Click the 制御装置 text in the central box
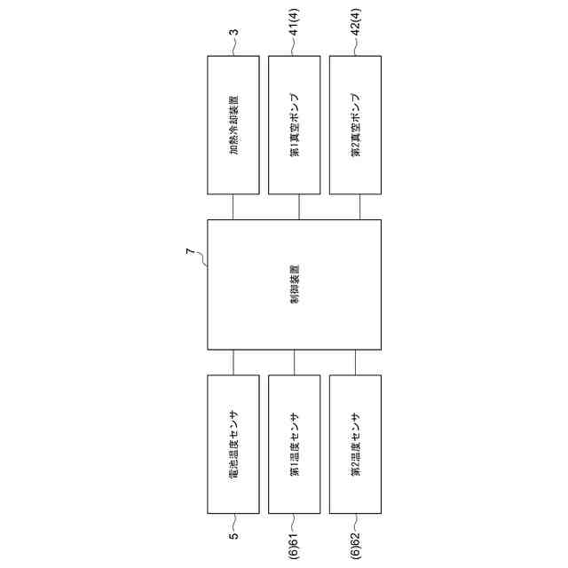(x=294, y=284)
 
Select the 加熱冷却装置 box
(x=233, y=125)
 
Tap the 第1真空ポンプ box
(x=295, y=125)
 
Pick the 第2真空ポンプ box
(x=356, y=125)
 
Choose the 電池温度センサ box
(x=233, y=444)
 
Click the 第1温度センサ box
(x=295, y=444)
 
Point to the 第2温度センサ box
(x=356, y=444)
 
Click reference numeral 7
(x=189, y=254)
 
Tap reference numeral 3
(x=233, y=33)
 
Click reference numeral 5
(x=233, y=536)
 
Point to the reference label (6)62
(x=355, y=543)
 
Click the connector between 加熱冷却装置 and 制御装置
(x=233, y=207)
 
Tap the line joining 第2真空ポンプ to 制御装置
(x=360, y=207)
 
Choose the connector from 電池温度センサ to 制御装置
(x=233, y=362)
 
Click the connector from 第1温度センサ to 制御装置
(x=295, y=362)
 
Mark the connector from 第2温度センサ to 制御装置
(x=356, y=362)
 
